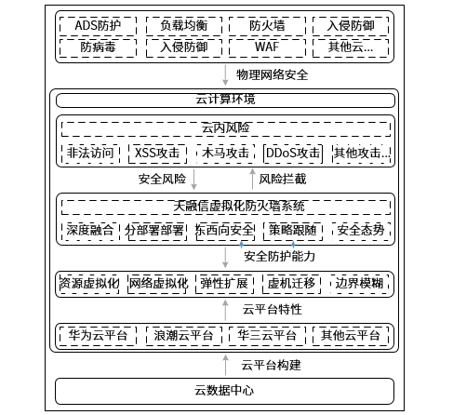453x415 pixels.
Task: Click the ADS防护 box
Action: point(98,26)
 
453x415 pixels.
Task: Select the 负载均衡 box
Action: point(184,26)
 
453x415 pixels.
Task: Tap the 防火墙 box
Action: point(267,26)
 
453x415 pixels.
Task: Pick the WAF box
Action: point(267,47)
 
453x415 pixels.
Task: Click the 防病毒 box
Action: point(98,47)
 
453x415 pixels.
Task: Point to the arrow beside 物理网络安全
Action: point(225,74)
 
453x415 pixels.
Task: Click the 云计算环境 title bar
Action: point(225,100)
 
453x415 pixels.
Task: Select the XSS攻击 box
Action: point(157,154)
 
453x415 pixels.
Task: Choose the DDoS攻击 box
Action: point(293,154)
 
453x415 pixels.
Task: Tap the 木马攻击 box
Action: point(225,154)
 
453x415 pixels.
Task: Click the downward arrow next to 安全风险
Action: point(193,180)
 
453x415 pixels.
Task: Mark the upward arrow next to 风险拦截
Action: point(253,179)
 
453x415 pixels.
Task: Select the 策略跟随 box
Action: point(293,231)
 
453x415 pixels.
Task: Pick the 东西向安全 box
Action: point(225,231)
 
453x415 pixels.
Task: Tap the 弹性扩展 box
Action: point(224,284)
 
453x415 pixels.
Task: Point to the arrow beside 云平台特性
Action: point(225,310)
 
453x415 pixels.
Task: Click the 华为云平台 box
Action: point(98,336)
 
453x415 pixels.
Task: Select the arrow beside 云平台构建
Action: point(225,366)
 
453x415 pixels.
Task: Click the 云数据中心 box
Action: point(224,391)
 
